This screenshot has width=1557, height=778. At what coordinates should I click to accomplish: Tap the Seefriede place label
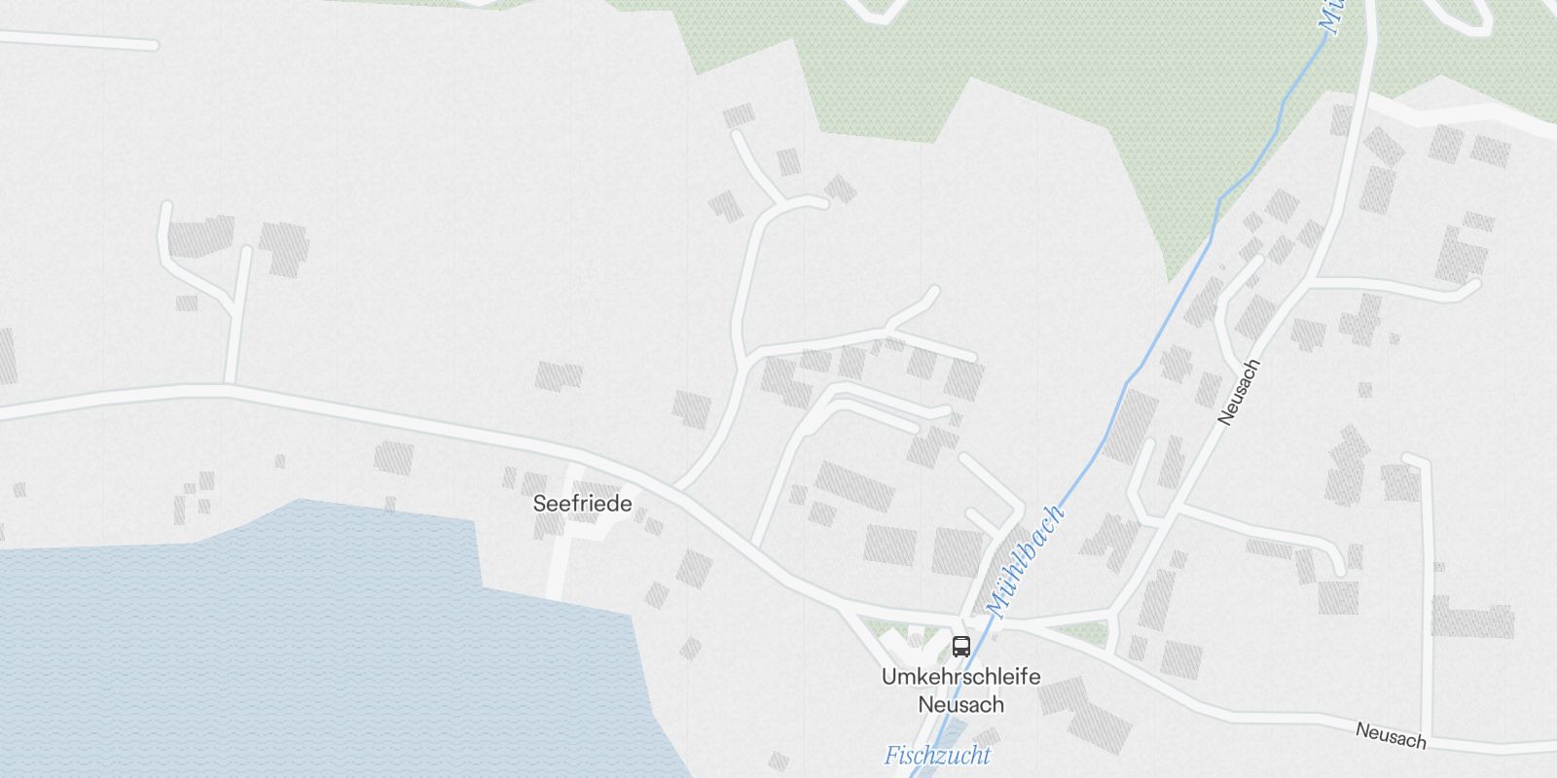pyautogui.click(x=582, y=504)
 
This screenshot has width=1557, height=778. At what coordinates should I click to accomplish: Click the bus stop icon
pyautogui.click(x=960, y=646)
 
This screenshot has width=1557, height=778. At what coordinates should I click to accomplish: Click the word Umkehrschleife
pyautogui.click(x=960, y=677)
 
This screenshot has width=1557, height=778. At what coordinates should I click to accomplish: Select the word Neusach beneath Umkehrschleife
pyautogui.click(x=960, y=704)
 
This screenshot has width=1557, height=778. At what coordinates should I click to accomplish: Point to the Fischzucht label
pyautogui.click(x=937, y=756)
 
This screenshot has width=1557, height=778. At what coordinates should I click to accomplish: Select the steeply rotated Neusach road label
pyautogui.click(x=1239, y=391)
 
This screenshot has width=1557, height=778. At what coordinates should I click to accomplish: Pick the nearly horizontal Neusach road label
pyautogui.click(x=1391, y=735)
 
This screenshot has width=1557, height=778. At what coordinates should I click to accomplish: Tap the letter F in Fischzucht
pyautogui.click(x=890, y=756)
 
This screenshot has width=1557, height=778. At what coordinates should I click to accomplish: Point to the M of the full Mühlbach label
pyautogui.click(x=994, y=609)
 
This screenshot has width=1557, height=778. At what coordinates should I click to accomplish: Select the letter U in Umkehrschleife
pyautogui.click(x=887, y=677)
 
